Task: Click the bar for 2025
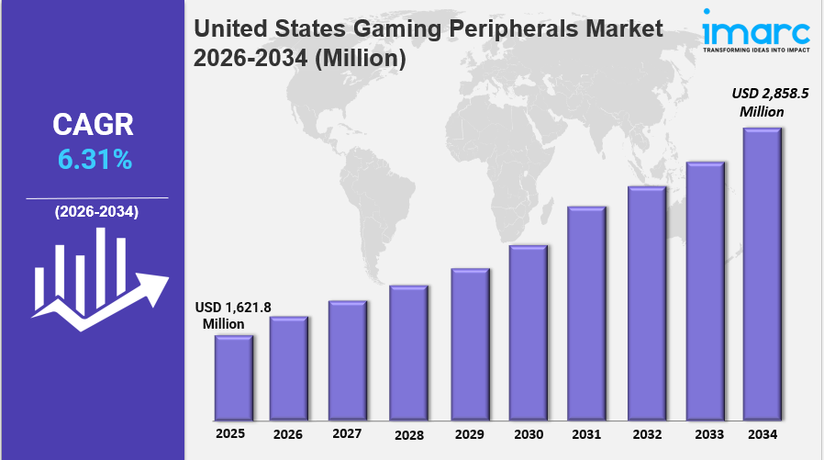click(233, 376)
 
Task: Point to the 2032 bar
click(646, 302)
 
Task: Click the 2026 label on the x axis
click(288, 432)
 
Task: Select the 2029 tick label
click(469, 432)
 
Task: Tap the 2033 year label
click(706, 432)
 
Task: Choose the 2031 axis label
click(586, 432)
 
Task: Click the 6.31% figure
click(95, 160)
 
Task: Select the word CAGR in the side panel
click(95, 125)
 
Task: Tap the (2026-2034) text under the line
click(96, 212)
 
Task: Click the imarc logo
click(755, 29)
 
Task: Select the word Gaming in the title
click(401, 29)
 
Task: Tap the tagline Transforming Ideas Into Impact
click(756, 50)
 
